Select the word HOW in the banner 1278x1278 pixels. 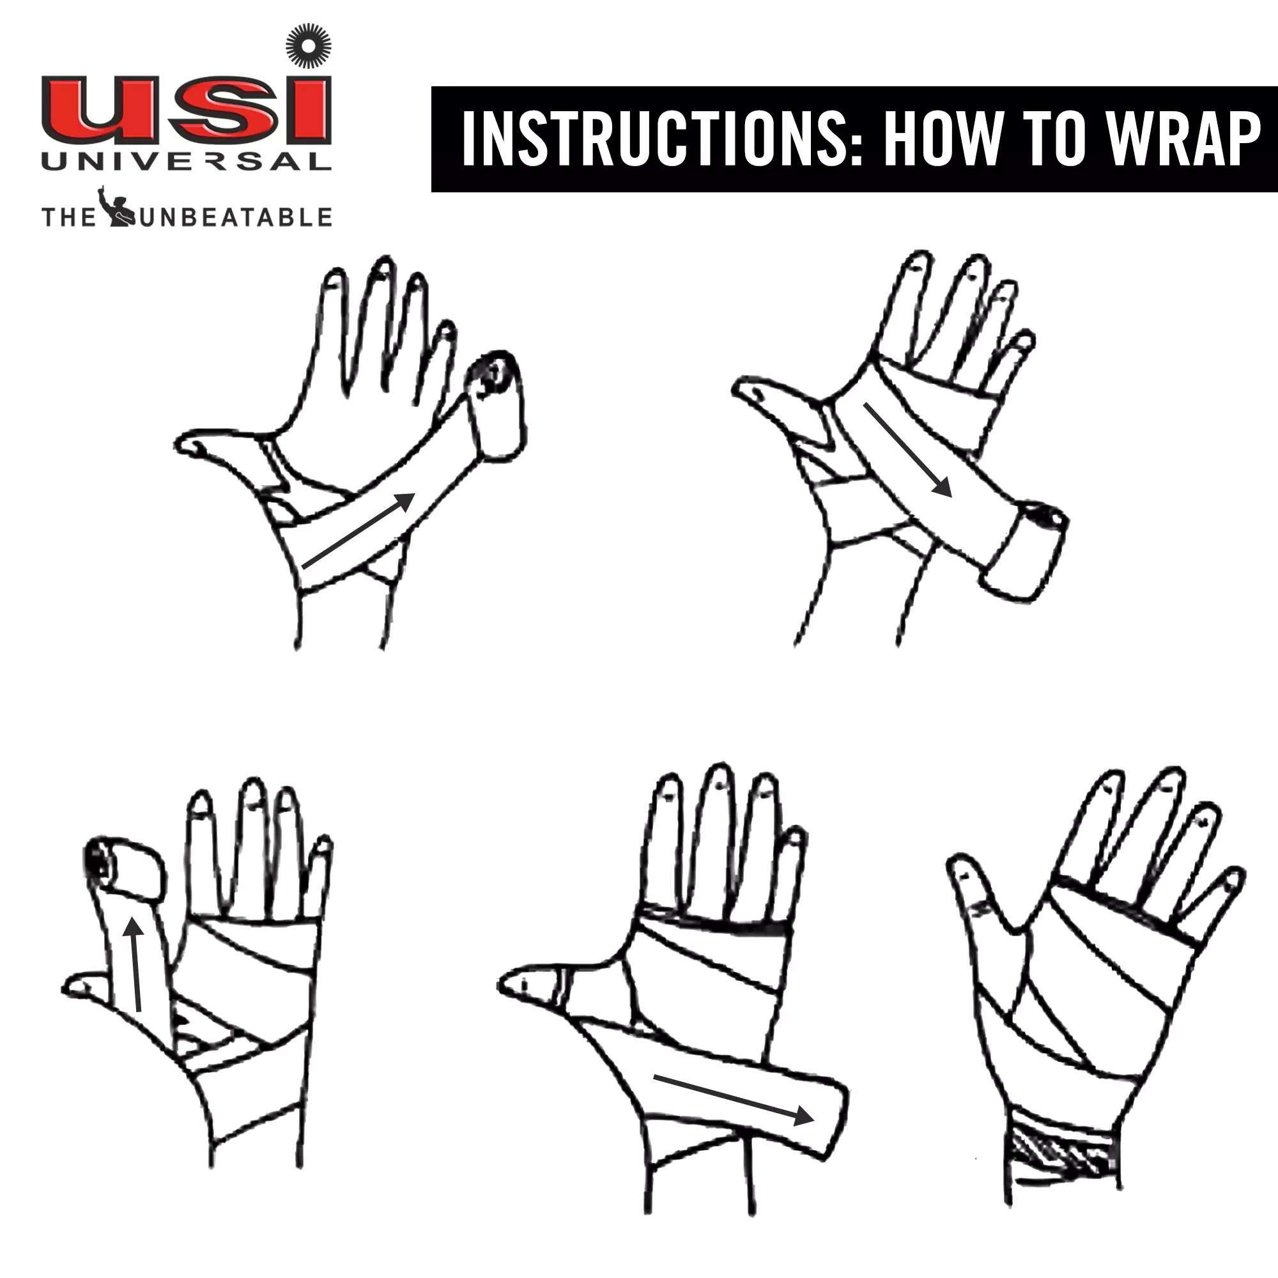(x=943, y=138)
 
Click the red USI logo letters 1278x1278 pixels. (x=186, y=110)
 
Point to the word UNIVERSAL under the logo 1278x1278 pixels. (x=186, y=162)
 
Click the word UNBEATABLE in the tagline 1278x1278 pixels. (x=236, y=217)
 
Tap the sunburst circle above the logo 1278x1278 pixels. (x=308, y=45)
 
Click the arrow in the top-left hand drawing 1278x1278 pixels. (x=358, y=530)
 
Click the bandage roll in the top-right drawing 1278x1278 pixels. (x=1022, y=551)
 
